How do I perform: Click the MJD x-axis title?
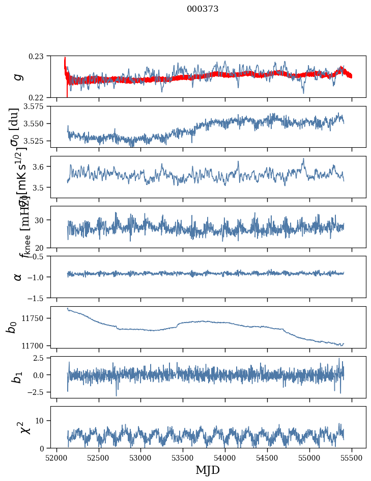click(208, 470)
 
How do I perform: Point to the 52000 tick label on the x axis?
click(56, 457)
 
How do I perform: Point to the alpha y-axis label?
click(18, 276)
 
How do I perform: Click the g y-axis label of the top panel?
click(18, 76)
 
